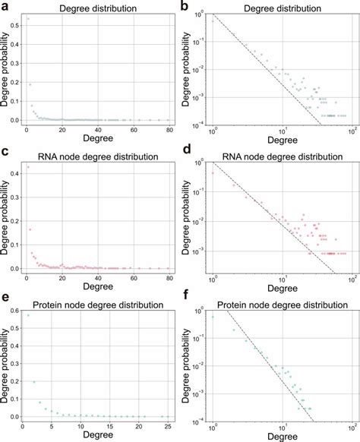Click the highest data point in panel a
[28, 18]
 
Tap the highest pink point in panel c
[28, 166]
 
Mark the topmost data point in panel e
[28, 315]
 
